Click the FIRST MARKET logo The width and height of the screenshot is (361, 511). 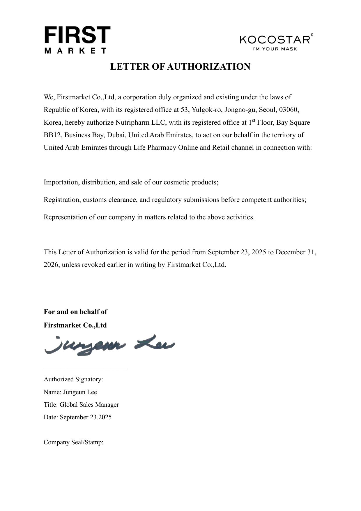[x=77, y=40]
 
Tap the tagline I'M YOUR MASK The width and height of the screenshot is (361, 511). [x=275, y=49]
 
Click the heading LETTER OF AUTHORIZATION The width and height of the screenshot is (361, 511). [x=180, y=67]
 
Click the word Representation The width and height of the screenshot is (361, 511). [x=66, y=217]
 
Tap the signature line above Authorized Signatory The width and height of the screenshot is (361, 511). [x=85, y=370]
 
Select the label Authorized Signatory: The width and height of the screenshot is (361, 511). [x=73, y=379]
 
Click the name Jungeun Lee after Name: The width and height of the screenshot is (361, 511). [x=80, y=392]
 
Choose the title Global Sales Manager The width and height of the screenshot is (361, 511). [x=89, y=405]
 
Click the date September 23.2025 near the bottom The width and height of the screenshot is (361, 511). [x=86, y=417]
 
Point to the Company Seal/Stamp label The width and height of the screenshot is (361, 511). [x=74, y=442]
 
